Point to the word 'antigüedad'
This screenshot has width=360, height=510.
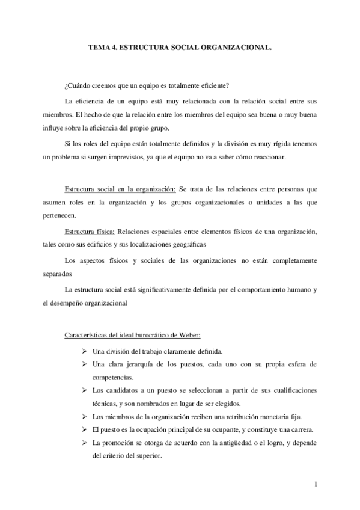pos(234,443)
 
